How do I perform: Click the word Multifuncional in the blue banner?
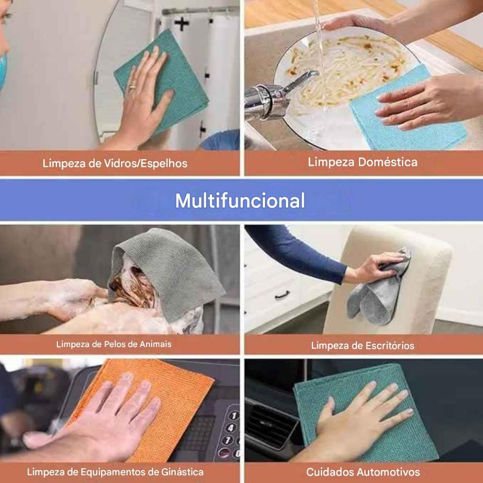240,201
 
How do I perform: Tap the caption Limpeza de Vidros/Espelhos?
115,163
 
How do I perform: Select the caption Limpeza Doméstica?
363,162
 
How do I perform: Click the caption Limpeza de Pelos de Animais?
114,344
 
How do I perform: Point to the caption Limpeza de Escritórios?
363,346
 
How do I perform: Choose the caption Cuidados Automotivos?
363,472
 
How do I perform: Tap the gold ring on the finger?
133,87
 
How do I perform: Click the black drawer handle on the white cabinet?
282,295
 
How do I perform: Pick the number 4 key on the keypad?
231,427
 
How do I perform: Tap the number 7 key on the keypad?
227,440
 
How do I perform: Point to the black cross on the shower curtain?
182,24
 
